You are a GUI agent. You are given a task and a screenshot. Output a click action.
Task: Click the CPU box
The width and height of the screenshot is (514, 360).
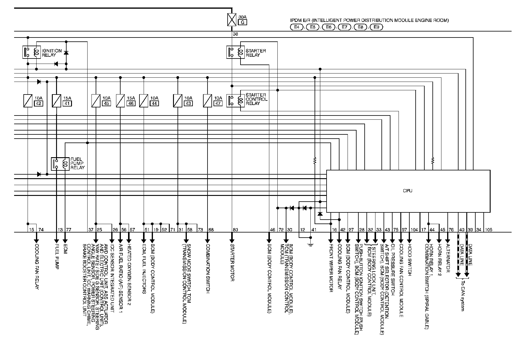click(408, 191)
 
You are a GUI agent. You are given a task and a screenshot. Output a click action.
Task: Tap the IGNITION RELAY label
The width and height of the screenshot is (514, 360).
click(52, 53)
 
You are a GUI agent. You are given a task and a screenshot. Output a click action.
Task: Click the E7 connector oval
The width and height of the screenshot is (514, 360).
click(344, 27)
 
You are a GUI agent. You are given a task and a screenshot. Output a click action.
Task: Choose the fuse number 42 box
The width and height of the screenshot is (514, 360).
click(39, 103)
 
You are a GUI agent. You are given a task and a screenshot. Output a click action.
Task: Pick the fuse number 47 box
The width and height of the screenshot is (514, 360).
click(218, 103)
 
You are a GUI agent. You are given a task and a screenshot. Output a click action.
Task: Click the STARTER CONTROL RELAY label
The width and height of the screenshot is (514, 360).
click(256, 99)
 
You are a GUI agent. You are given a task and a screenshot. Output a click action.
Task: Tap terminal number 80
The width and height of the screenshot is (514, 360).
click(235, 230)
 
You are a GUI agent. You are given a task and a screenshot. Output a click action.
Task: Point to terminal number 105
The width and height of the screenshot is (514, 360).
click(488, 230)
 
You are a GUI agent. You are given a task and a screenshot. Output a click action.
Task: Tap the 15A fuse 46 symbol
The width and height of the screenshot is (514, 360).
click(121, 101)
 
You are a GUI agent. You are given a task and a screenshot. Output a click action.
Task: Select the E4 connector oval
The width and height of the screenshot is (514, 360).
click(297, 27)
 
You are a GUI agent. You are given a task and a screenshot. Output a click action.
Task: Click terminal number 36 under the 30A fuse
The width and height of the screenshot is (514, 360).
click(235, 34)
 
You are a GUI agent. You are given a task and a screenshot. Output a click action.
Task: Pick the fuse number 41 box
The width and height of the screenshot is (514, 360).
click(67, 103)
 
